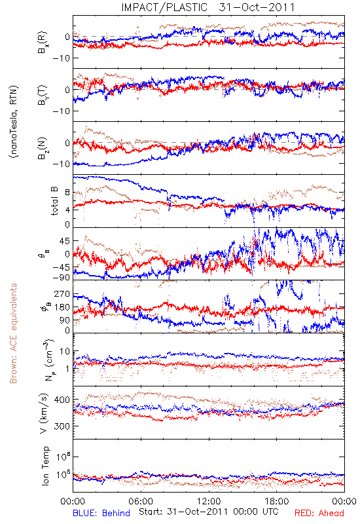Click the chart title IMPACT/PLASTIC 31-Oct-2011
(x=207, y=7)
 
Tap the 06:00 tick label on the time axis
(x=141, y=501)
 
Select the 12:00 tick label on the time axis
(x=209, y=501)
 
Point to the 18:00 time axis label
(x=277, y=501)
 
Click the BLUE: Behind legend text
(x=101, y=513)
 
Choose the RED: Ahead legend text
(x=319, y=513)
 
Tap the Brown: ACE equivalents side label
(x=13, y=333)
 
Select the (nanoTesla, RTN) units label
(x=13, y=121)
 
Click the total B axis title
(x=54, y=201)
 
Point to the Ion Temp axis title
(x=45, y=466)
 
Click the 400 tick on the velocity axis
(x=62, y=400)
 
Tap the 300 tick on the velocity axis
(x=62, y=426)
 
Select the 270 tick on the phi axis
(x=62, y=293)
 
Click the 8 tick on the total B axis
(x=67, y=193)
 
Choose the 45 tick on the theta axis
(x=65, y=241)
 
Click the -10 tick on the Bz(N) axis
(x=61, y=164)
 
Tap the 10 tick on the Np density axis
(x=65, y=352)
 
